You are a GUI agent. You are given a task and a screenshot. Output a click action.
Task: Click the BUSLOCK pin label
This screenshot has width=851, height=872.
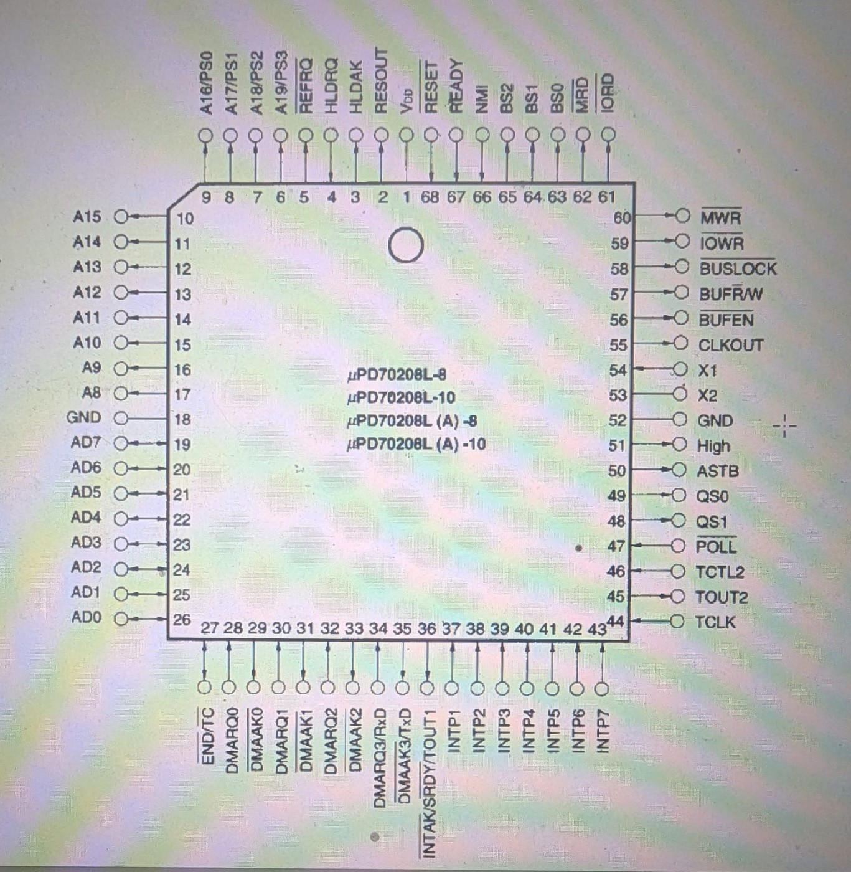(738, 269)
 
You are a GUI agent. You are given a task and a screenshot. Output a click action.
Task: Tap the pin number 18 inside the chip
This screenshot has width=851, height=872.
(182, 419)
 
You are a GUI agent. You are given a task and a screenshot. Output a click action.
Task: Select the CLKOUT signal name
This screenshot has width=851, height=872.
(730, 345)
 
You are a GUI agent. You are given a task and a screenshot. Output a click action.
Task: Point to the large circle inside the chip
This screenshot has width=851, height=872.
(406, 245)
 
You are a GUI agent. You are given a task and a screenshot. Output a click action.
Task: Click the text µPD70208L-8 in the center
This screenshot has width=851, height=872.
(397, 375)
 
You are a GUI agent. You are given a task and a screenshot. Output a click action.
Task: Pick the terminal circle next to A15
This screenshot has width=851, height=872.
(121, 216)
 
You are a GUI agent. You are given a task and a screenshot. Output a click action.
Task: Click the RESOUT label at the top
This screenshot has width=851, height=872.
(381, 81)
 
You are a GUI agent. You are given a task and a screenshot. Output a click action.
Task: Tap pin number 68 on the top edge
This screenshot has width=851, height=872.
(430, 197)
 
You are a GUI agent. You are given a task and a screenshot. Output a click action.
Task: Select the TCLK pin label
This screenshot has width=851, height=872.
(715, 622)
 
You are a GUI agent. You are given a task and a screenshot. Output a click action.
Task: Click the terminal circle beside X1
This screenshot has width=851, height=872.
(680, 370)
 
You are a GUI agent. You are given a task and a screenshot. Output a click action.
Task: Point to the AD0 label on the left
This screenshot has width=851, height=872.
(86, 617)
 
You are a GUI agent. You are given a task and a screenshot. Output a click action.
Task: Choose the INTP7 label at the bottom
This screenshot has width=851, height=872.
(602, 731)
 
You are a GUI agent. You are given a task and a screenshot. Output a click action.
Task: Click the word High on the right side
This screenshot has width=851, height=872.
(713, 446)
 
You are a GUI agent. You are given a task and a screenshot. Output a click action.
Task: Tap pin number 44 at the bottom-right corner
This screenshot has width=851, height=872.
(615, 621)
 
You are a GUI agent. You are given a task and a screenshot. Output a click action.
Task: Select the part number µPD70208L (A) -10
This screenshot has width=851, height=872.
(416, 445)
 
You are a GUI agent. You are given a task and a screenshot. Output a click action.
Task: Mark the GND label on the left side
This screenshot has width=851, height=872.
(83, 417)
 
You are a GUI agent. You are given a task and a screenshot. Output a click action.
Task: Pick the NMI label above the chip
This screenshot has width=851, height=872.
(482, 100)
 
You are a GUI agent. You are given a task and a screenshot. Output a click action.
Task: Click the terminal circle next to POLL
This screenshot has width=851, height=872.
(678, 546)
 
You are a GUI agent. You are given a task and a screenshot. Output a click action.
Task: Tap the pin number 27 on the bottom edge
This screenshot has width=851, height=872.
(209, 628)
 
